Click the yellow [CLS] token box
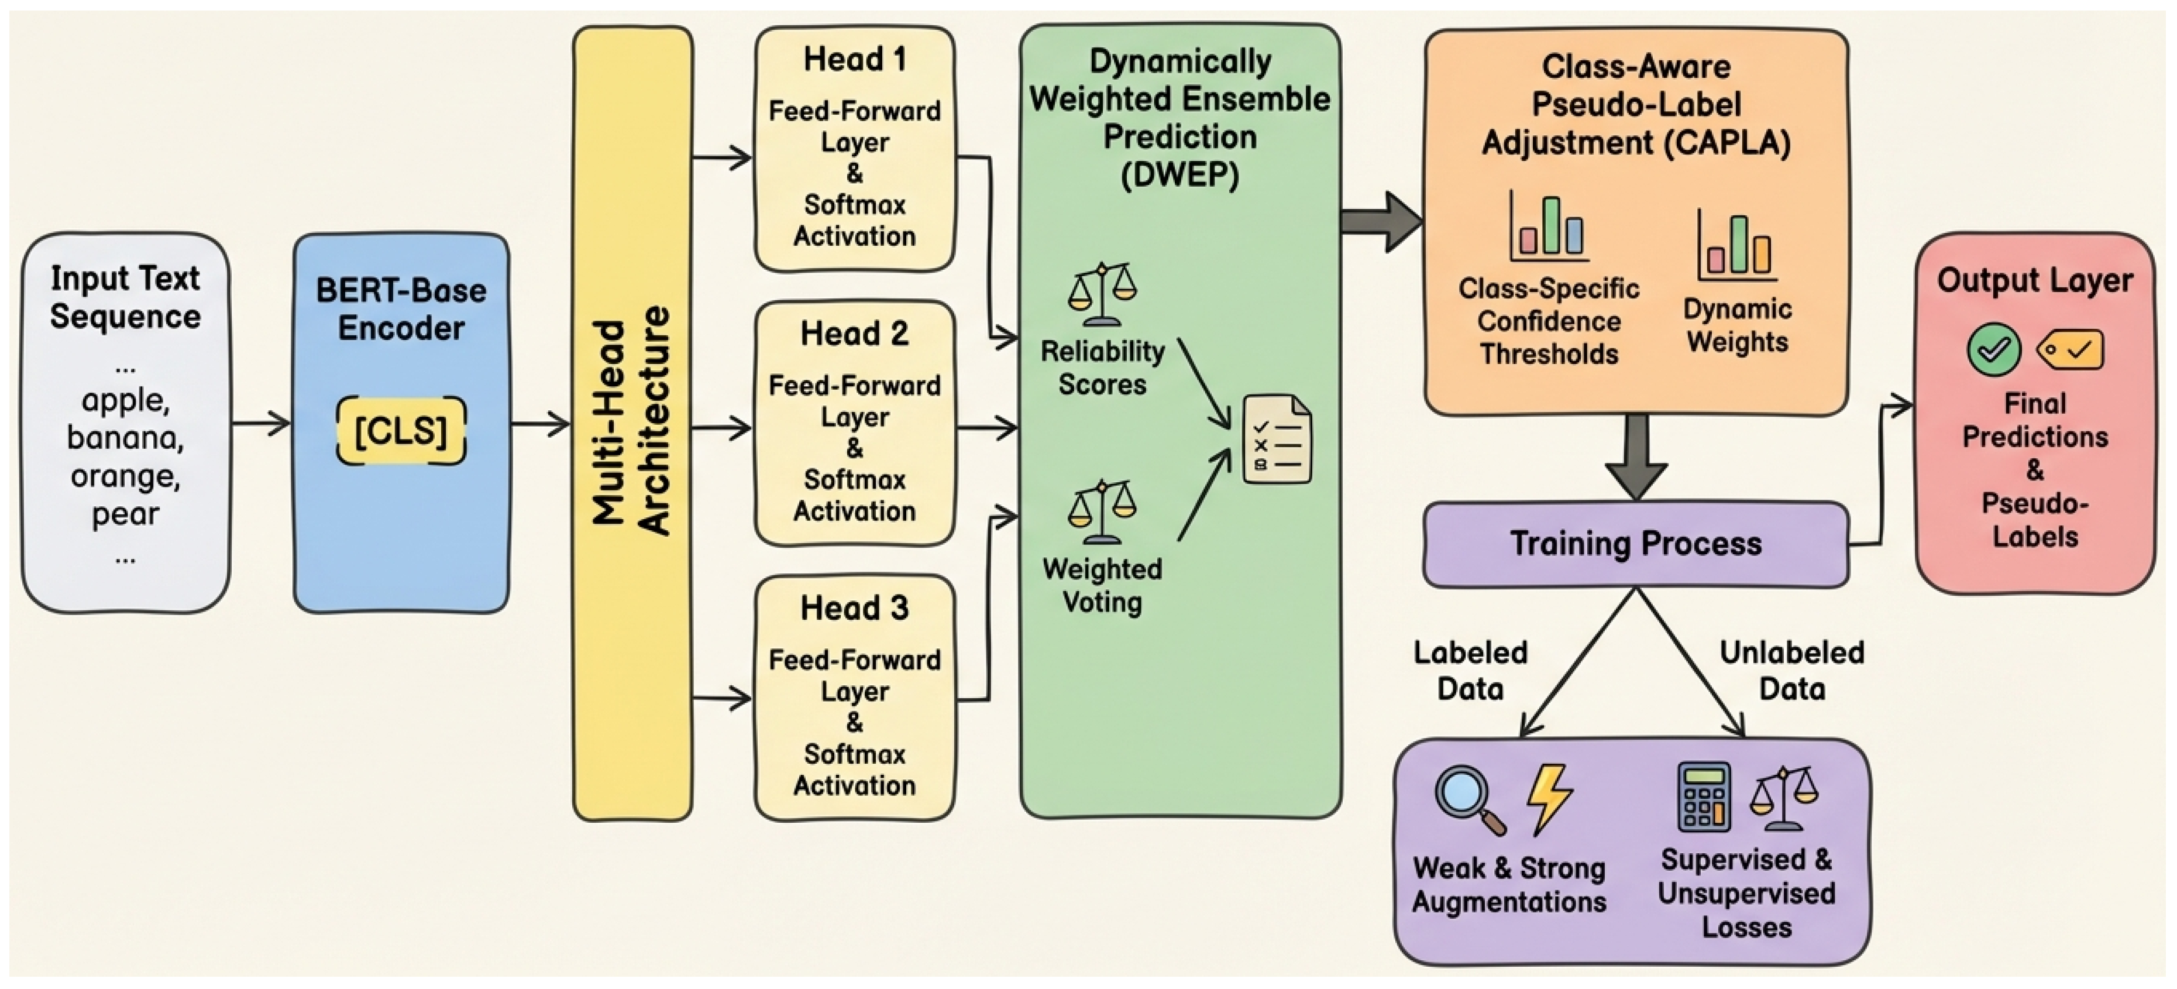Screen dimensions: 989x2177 coord(401,431)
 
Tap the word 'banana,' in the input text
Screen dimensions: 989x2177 coord(125,438)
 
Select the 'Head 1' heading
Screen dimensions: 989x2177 coord(854,59)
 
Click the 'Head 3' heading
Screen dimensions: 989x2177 coord(854,608)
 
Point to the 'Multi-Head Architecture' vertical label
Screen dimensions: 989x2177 coord(632,421)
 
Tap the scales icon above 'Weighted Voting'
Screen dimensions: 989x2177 coord(1102,512)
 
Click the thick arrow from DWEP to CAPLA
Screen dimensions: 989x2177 coord(1381,221)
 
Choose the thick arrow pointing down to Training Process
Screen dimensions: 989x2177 coord(1637,456)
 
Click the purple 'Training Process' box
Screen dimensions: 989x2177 coord(1636,544)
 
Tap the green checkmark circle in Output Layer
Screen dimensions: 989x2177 coord(1994,349)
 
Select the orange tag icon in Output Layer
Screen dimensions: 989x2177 coord(2071,349)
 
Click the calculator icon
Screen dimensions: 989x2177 coord(1704,796)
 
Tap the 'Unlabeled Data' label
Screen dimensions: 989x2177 coord(1791,670)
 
